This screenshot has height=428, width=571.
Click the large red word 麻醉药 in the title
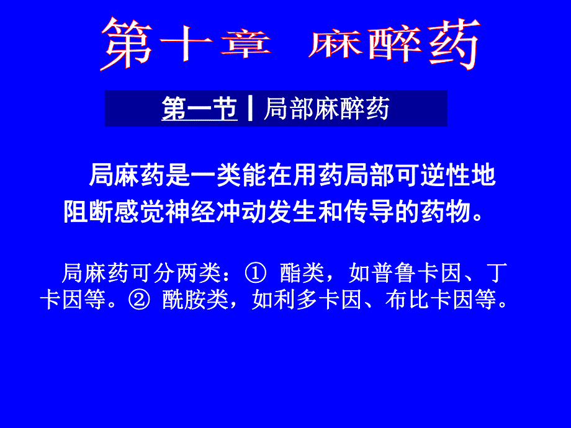tap(393, 44)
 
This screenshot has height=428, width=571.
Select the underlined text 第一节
tap(199, 109)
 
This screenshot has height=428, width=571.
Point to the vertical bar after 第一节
tap(250, 109)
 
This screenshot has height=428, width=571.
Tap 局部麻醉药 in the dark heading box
tap(326, 109)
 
